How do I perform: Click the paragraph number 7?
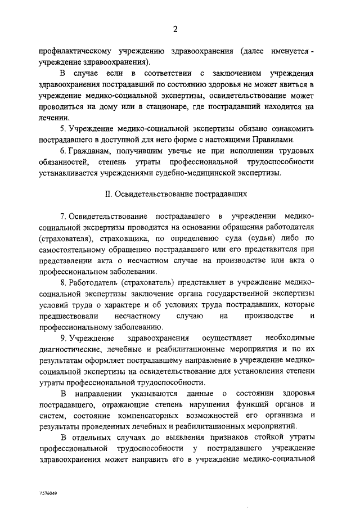pos(64,217)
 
